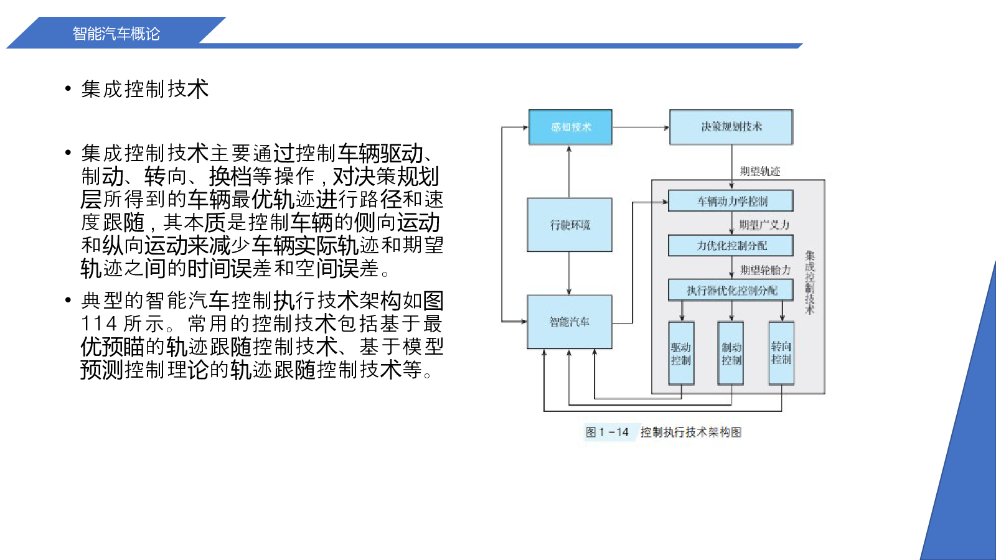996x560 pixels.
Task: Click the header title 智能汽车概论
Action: coord(116,34)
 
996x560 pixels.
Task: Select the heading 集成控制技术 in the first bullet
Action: coord(144,89)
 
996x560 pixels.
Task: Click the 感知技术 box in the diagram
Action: coord(570,127)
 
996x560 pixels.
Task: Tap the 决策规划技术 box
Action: coord(731,127)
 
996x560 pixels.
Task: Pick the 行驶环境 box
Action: coord(570,225)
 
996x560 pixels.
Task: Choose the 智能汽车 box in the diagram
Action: coord(570,322)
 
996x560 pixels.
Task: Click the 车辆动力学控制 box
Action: coord(731,201)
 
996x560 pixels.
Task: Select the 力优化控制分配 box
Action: coord(731,246)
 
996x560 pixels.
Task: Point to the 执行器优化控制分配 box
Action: coord(731,290)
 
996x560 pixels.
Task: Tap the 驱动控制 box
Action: coord(681,353)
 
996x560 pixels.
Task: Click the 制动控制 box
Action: coord(731,353)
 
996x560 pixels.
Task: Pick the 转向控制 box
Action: coord(781,353)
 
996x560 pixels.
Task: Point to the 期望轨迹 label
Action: coord(760,171)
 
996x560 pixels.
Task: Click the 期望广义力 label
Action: coord(764,225)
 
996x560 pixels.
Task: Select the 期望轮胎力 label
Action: coord(765,270)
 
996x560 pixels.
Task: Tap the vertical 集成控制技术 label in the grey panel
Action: coord(809,282)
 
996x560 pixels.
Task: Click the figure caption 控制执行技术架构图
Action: coord(691,432)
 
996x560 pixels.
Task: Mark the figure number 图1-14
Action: coord(607,432)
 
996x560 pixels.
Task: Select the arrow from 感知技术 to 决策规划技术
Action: coord(641,128)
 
